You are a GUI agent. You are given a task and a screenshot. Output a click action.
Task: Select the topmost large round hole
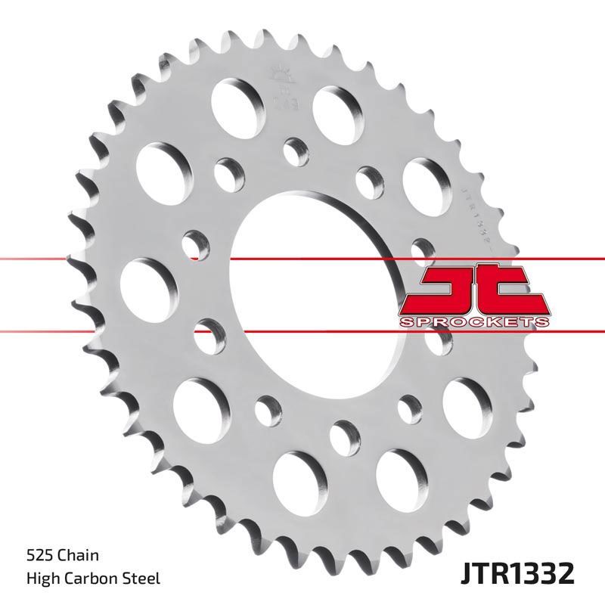(232, 96)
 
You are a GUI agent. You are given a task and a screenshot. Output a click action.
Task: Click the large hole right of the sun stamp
(336, 107)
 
